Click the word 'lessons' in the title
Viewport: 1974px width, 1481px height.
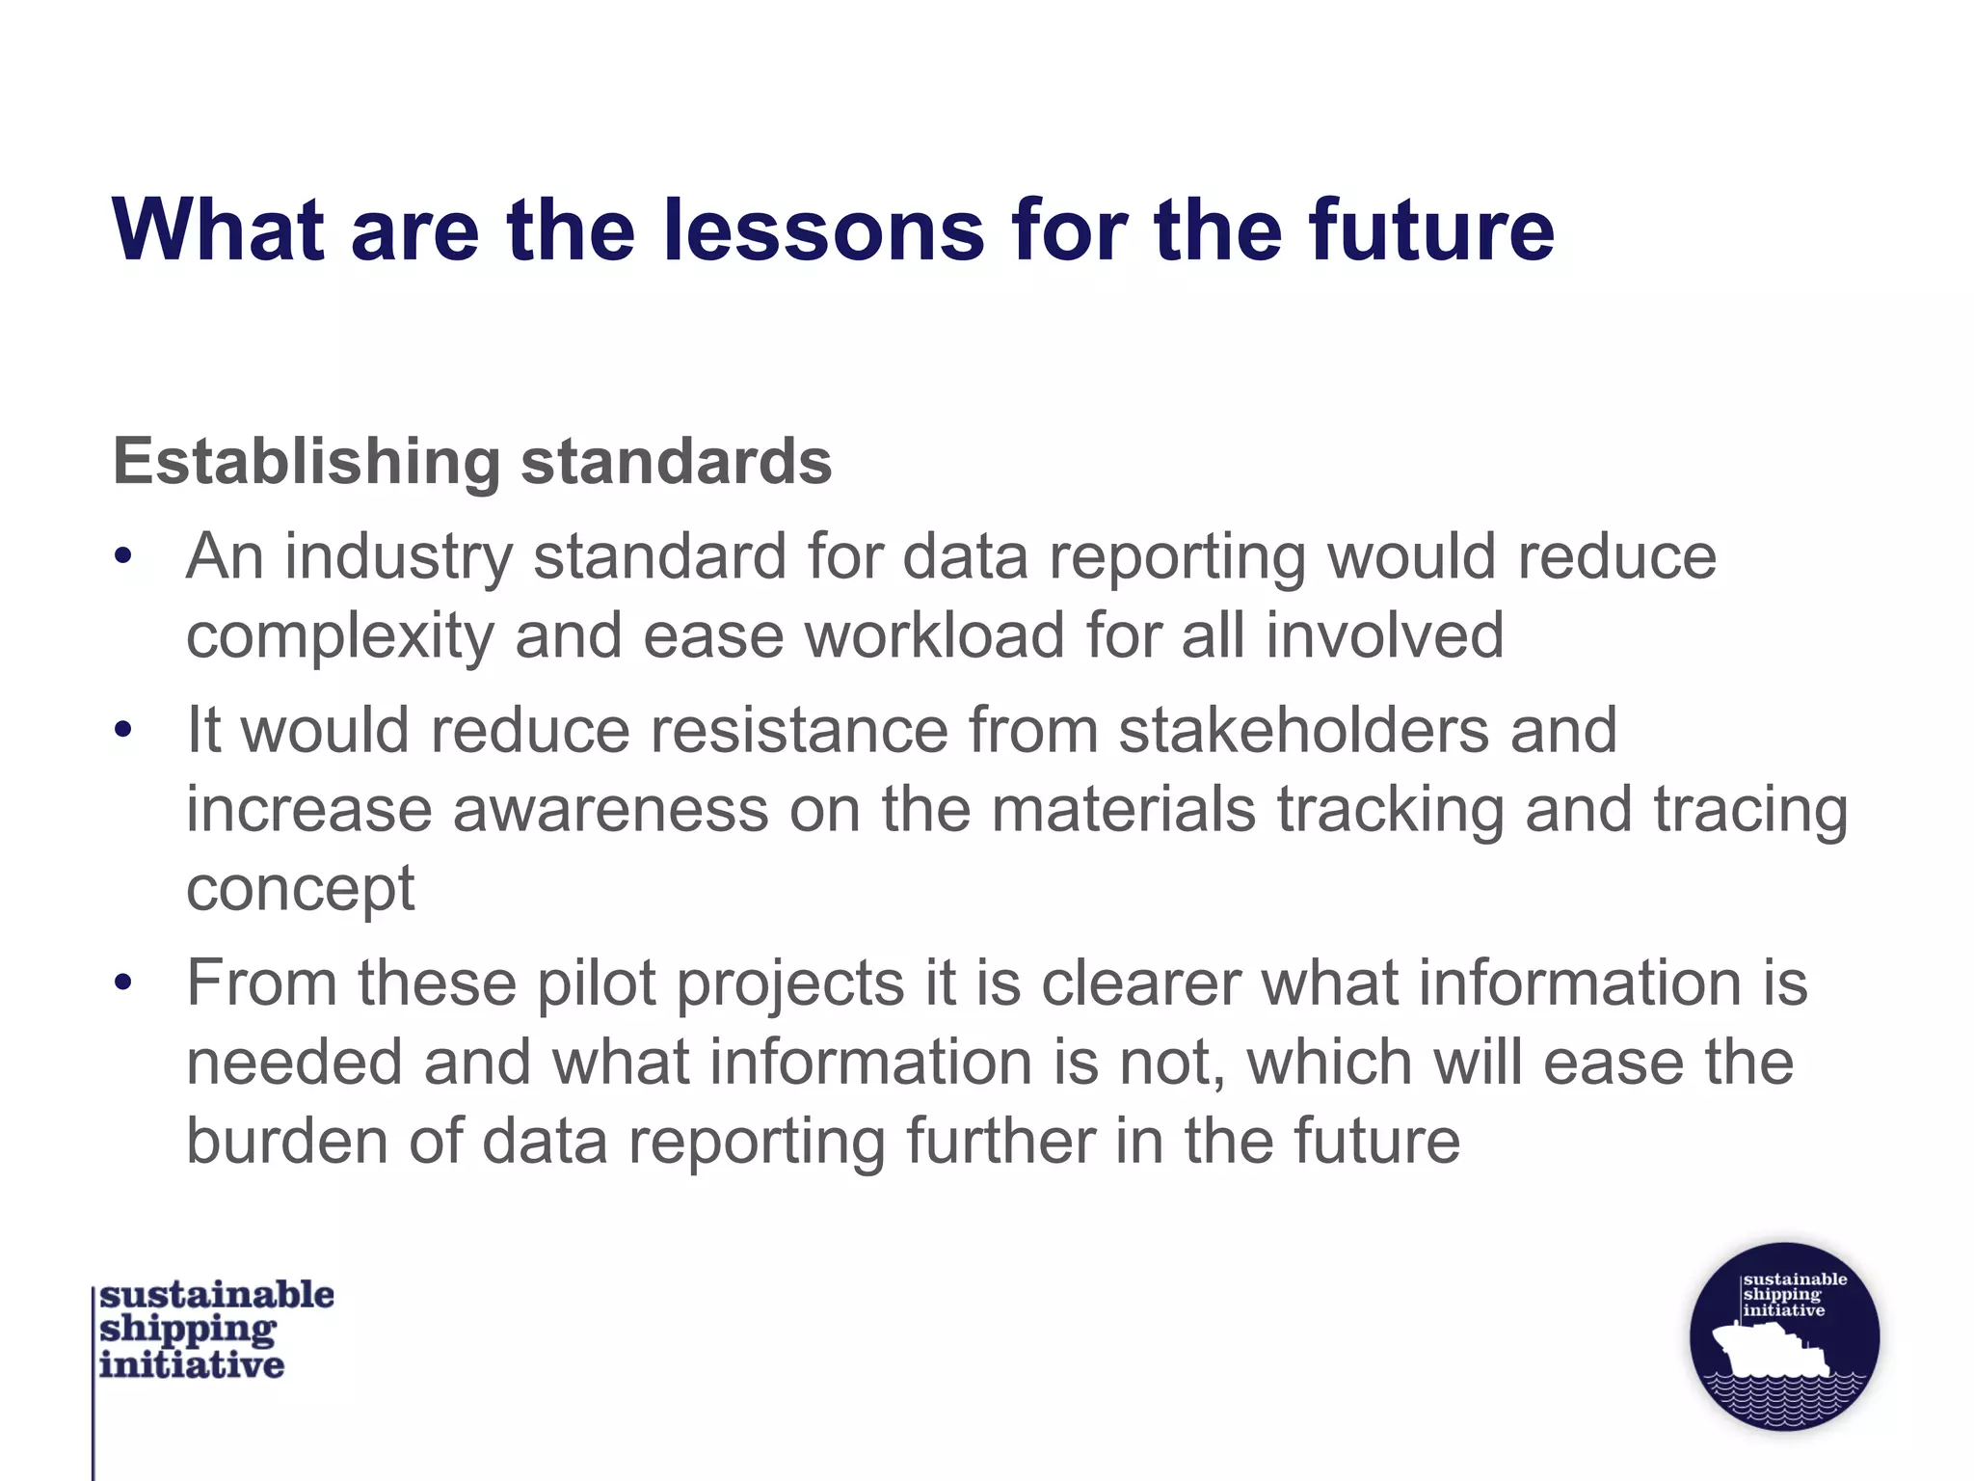coord(824,231)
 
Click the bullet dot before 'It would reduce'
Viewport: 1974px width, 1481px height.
coord(122,730)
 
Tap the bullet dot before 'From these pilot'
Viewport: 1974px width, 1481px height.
coord(122,983)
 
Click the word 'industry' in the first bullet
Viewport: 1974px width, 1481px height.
coord(398,558)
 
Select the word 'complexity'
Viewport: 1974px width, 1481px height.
coord(339,637)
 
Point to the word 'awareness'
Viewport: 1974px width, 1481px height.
coord(610,809)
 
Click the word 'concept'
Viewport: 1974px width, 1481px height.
coord(300,890)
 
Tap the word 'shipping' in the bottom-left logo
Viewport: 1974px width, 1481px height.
coord(188,1331)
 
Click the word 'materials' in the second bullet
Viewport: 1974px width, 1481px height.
coord(1123,809)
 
